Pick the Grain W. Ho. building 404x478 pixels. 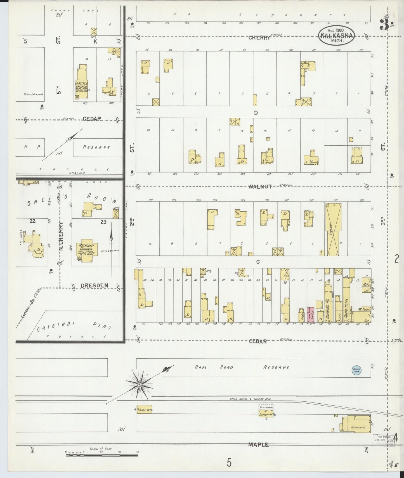pos(145,410)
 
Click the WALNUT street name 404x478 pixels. pos(260,187)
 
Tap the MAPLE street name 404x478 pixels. pos(258,444)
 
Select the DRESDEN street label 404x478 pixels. pos(90,286)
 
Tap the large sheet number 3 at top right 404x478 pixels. pos(384,26)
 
